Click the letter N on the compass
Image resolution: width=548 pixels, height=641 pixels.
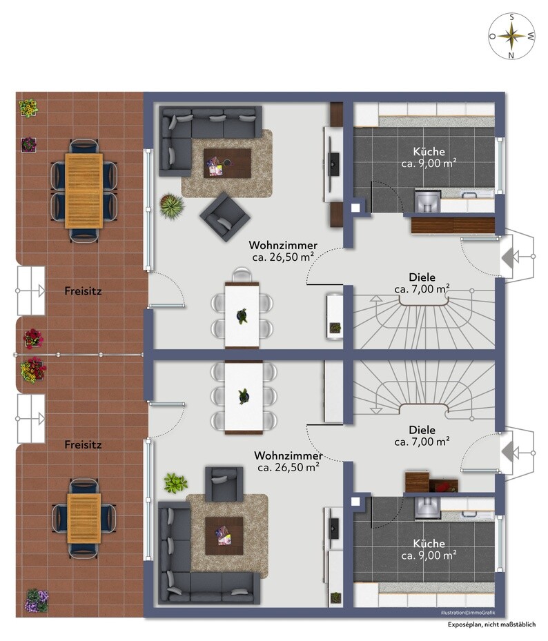pyautogui.click(x=511, y=55)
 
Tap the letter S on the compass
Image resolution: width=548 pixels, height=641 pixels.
pyautogui.click(x=511, y=17)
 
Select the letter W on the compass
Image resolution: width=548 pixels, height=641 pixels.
pyautogui.click(x=531, y=37)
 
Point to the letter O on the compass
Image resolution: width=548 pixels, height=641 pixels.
pyautogui.click(x=493, y=37)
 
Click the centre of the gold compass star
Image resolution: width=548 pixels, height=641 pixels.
pyautogui.click(x=511, y=36)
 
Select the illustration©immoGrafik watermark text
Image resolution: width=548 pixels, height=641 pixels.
pyautogui.click(x=468, y=613)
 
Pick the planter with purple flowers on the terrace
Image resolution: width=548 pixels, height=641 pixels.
pyautogui.click(x=37, y=600)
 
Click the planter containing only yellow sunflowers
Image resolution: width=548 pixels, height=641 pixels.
pyautogui.click(x=28, y=108)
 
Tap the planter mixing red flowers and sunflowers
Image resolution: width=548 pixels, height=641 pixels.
pyautogui.click(x=33, y=371)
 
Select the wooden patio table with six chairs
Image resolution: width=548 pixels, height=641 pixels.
pyautogui.click(x=84, y=190)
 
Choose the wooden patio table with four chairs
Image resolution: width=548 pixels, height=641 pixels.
pyautogui.click(x=84, y=518)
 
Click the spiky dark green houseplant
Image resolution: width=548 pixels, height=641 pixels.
pyautogui.click(x=172, y=206)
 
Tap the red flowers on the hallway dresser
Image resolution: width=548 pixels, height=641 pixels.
pyautogui.click(x=443, y=486)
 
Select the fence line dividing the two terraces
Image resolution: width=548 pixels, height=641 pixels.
pyautogui.click(x=79, y=355)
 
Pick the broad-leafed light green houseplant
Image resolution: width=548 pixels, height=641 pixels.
pyautogui.click(x=175, y=483)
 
